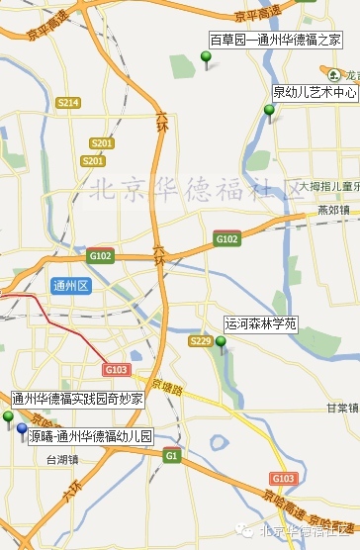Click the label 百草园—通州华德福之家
point(275,40)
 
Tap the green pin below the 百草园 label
point(206,60)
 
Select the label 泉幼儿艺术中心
point(315,92)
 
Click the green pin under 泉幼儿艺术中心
point(269,111)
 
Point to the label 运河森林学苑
point(260,322)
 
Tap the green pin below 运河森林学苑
point(221,343)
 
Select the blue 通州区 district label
point(71,286)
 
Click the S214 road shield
point(68,103)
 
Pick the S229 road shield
point(201,341)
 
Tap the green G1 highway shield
point(172,456)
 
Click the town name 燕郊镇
point(333,210)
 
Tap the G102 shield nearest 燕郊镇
point(226,238)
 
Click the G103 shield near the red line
point(116,369)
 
